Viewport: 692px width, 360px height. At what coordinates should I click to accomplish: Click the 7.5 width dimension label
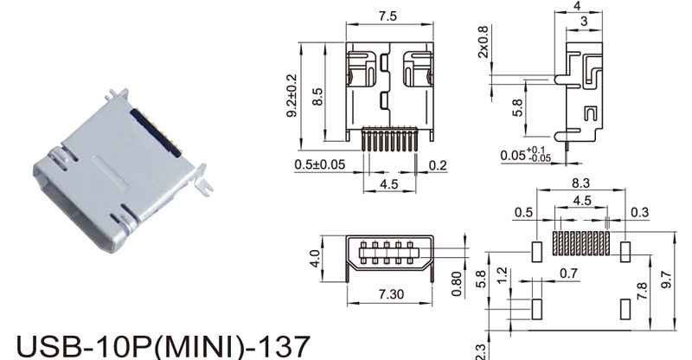pos(388,16)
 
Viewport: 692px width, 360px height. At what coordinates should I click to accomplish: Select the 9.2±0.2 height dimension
pos(292,95)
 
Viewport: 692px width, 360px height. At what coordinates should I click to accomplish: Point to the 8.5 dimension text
pos(317,97)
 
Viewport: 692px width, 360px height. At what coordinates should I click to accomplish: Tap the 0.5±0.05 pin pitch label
pos(320,164)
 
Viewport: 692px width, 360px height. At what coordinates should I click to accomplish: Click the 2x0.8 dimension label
pos(484,42)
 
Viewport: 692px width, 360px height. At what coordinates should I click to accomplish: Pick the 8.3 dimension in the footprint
pos(580,183)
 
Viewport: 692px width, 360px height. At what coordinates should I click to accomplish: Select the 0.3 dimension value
pos(640,213)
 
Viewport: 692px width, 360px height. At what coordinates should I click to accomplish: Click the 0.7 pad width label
pos(568,273)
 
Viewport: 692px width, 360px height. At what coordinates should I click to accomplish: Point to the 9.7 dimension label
pos(666,280)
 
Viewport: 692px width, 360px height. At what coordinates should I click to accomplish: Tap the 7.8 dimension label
pos(642,291)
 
